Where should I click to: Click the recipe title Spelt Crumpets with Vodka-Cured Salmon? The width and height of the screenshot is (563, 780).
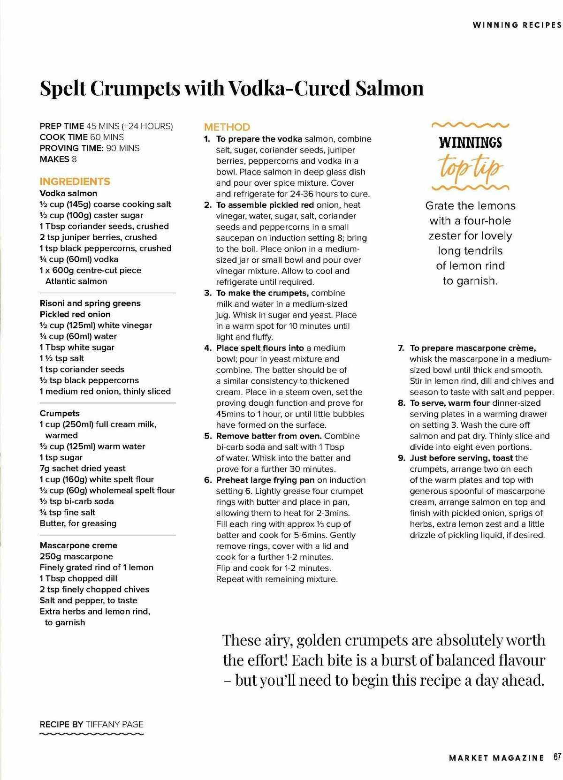pos(231,88)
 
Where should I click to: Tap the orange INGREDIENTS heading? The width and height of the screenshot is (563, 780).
pos(75,182)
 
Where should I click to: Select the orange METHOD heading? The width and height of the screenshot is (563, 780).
pos(227,127)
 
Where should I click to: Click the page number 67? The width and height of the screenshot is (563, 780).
pos(557,744)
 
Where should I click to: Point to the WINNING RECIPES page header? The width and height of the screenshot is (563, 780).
pos(517,25)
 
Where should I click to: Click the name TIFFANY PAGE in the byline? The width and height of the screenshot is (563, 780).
pos(114,724)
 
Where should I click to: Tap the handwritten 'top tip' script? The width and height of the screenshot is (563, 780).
pos(470,166)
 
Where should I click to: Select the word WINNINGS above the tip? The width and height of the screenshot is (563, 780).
pos(470,143)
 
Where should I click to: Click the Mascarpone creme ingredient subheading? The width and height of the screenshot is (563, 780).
pos(78,545)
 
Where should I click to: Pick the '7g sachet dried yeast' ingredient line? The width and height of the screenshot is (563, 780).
pos(83,468)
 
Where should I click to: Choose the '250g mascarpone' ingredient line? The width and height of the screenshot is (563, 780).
pos(76,556)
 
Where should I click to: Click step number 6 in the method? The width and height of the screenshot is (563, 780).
pos(208,480)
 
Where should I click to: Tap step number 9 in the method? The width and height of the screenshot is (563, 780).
pos(402,458)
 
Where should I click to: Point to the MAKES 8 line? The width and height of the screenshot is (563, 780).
pos(58,159)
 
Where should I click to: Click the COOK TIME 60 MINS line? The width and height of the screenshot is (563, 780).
pos(82,137)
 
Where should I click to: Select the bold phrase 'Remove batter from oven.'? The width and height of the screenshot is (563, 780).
pos(269,436)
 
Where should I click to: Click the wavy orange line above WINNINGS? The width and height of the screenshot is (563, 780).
pos(470,125)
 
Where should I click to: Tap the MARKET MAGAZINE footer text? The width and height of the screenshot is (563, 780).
pos(496,745)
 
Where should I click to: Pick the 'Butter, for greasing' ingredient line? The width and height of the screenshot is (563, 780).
pos(78,523)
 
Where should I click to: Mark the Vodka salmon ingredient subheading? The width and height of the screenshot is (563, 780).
pos(68,193)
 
